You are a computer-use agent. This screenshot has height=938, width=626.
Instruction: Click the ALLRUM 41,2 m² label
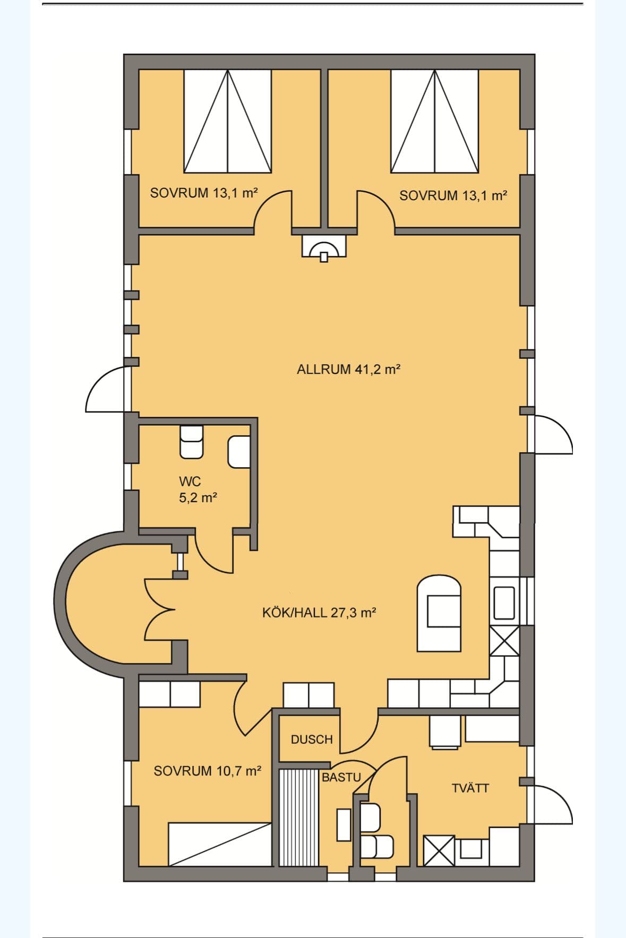coord(348,369)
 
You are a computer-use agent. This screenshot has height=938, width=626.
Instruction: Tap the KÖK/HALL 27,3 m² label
coord(319,613)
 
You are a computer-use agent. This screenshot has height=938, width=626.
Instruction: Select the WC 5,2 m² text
coord(198,489)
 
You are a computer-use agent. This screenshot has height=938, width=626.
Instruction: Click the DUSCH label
coord(312,739)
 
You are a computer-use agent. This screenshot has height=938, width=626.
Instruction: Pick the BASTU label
coord(341,777)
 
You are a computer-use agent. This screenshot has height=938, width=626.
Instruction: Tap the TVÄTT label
coord(470,788)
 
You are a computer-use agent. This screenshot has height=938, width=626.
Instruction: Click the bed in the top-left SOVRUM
coord(228,121)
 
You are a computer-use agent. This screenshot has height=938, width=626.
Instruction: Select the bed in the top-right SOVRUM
coord(434,121)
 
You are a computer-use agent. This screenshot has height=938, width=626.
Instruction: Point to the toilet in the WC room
coord(191,441)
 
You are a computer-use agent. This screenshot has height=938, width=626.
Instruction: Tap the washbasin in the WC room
coord(239,452)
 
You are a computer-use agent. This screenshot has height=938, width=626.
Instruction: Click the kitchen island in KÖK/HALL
coord(439,613)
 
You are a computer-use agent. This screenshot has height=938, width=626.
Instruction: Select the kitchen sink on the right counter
coord(504,603)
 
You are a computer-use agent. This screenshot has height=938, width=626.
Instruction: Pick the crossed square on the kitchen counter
coord(504,641)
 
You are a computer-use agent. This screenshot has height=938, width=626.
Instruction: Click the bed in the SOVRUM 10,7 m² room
coord(220,844)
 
